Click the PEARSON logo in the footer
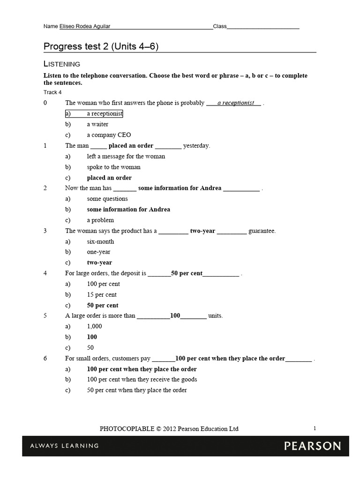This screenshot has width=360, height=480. [313, 446]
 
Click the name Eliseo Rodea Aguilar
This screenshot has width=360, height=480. [85, 27]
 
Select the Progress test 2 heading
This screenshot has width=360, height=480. [104, 46]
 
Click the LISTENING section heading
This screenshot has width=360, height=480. [62, 64]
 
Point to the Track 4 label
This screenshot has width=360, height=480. [52, 92]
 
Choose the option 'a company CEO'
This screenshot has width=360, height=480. [109, 135]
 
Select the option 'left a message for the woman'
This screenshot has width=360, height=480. [126, 157]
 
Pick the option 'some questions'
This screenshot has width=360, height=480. [107, 199]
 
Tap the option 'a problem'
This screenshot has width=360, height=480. [100, 220]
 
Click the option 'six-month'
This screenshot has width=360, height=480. [100, 241]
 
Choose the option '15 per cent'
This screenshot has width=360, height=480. [102, 295]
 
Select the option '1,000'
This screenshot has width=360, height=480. [94, 326]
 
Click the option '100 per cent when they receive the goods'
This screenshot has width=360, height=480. [142, 379]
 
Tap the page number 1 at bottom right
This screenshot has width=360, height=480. [315, 428]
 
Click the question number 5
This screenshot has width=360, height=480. [45, 316]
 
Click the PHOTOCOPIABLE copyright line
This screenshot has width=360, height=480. [169, 429]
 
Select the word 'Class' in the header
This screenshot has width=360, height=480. [220, 27]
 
